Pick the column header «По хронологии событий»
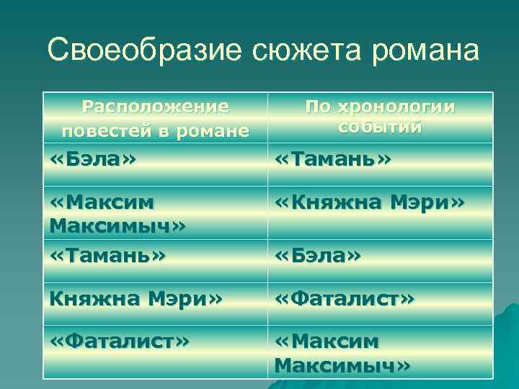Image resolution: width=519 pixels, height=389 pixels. (x=380, y=117)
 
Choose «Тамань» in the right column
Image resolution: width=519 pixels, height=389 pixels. (x=333, y=158)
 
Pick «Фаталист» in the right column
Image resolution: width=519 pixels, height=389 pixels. (x=345, y=298)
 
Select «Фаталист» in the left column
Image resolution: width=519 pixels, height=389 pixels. (x=120, y=340)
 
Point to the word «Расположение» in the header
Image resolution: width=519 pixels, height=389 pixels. (x=155, y=107)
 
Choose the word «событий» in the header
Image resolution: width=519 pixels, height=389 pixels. (x=379, y=128)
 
